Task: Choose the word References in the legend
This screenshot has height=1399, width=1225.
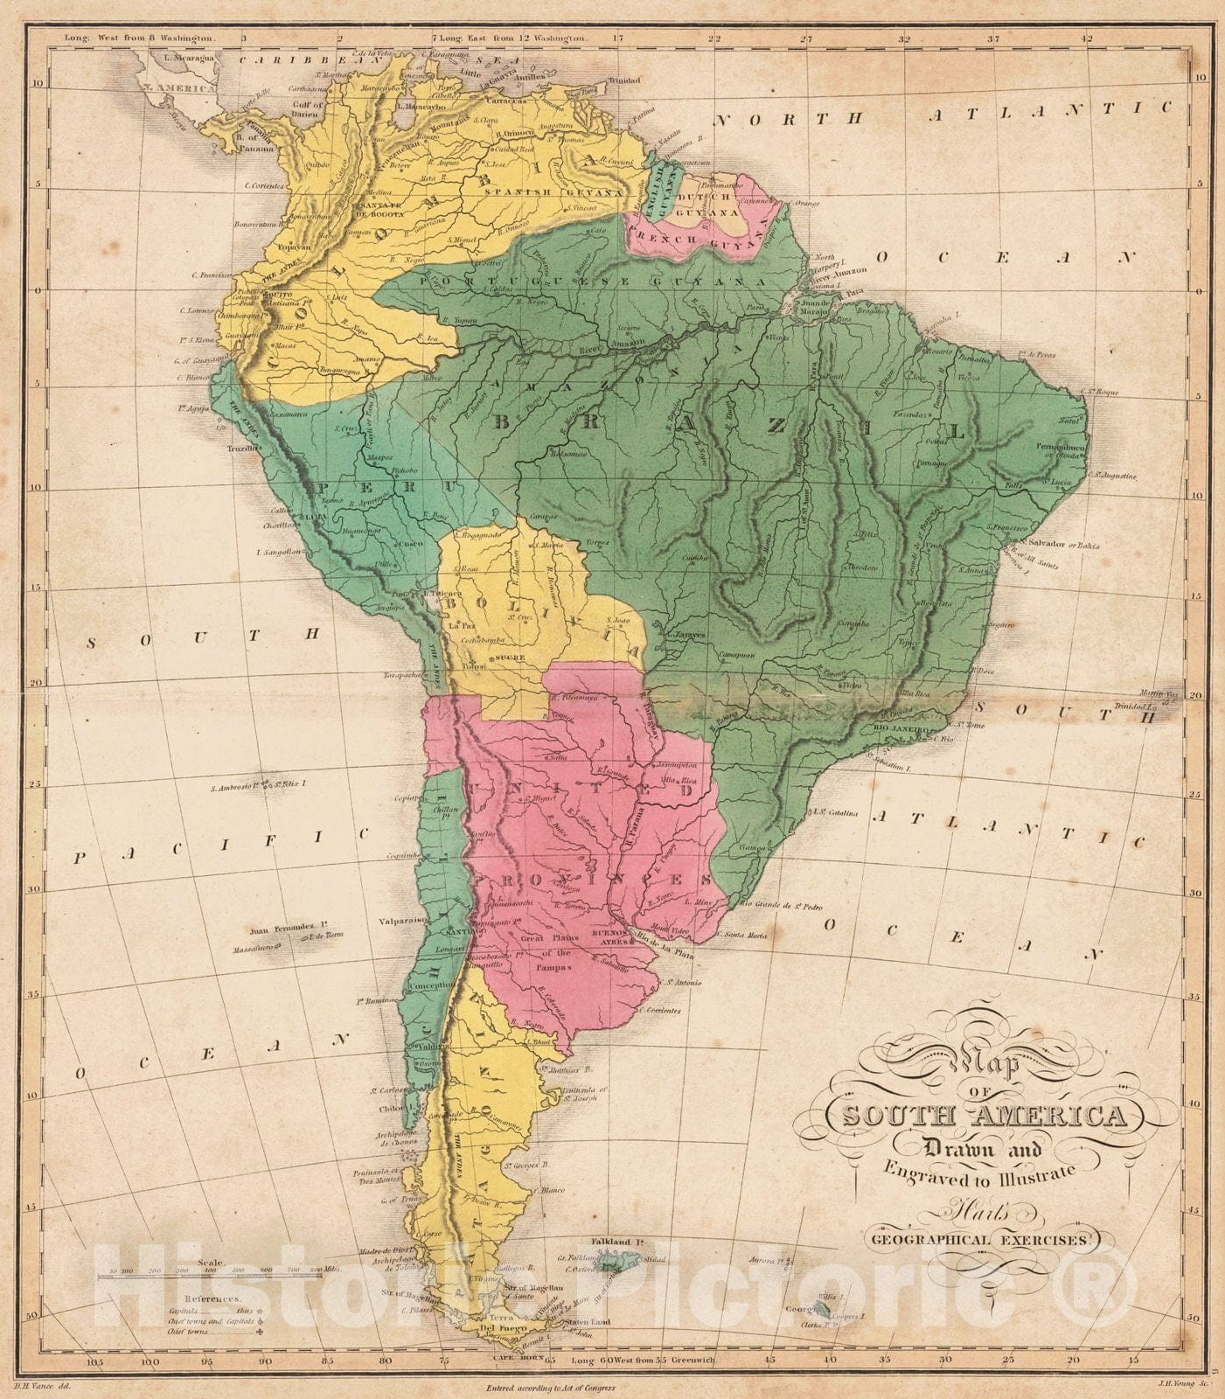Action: pyautogui.click(x=208, y=1299)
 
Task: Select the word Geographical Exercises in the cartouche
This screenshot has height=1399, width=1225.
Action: pyautogui.click(x=982, y=1239)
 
